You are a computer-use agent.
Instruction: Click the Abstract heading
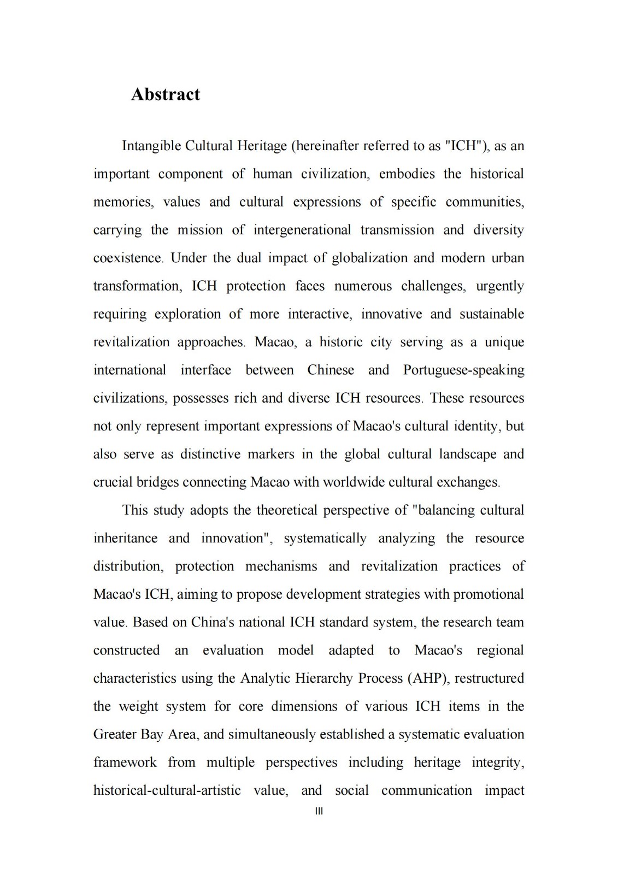click(166, 95)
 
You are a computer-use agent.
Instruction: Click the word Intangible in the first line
click(151, 146)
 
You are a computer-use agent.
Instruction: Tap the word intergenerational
click(302, 230)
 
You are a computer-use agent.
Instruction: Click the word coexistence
click(128, 258)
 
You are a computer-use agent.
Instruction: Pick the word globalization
click(369, 258)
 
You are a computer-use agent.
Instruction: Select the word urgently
click(499, 286)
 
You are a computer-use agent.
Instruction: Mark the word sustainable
click(491, 314)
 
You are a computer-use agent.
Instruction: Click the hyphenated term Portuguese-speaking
click(463, 370)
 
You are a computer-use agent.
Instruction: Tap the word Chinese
click(331, 370)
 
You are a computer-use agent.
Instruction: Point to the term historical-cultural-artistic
click(167, 790)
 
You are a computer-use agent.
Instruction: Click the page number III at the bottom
click(320, 811)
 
